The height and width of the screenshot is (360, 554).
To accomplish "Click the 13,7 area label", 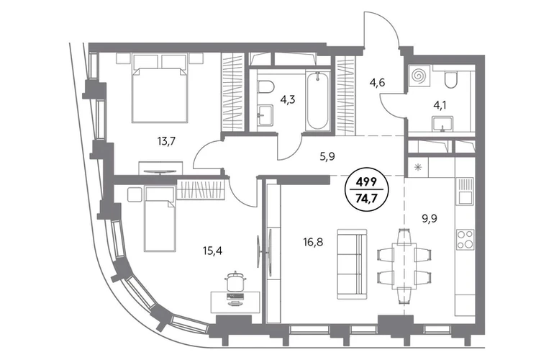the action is click(x=166, y=142).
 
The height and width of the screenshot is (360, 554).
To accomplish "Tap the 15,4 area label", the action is click(x=212, y=251).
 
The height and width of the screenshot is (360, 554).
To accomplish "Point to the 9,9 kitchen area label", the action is click(x=430, y=219).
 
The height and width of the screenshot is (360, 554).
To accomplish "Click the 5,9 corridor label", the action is click(x=327, y=157).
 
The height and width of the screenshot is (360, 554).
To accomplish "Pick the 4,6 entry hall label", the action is click(x=377, y=83).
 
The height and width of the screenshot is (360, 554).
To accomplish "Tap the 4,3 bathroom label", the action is click(x=287, y=100).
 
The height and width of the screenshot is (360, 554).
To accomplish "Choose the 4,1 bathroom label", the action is click(x=439, y=105).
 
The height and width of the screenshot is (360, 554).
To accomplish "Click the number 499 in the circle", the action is click(x=366, y=182).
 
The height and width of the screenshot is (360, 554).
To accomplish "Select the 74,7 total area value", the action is click(x=366, y=197).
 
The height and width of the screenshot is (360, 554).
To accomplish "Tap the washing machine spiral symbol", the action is click(x=419, y=76).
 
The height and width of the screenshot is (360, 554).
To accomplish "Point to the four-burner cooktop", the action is click(x=465, y=239).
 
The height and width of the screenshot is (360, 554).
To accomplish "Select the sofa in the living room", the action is click(x=352, y=264).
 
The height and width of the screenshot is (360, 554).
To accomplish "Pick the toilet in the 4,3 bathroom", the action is click(x=265, y=87).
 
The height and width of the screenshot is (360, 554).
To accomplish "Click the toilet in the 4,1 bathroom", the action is click(x=451, y=80).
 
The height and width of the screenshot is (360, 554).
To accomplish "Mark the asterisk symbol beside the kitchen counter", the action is click(x=418, y=167).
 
